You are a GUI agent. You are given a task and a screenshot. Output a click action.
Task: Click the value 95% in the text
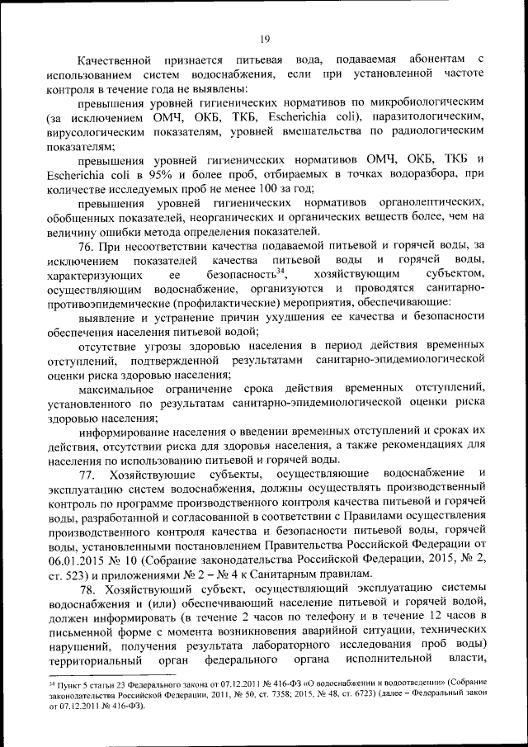tap(181, 173)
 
